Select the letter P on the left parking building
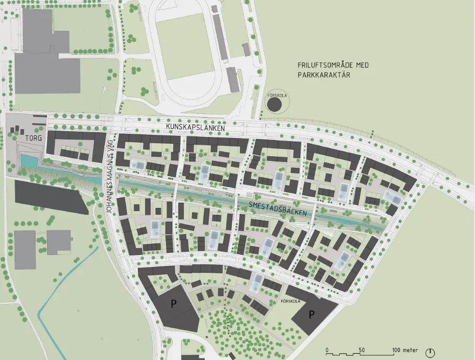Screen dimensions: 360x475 pyautogui.click(x=172, y=304)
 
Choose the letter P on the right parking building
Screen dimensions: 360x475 pyautogui.click(x=312, y=314)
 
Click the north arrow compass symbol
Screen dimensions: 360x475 pyautogui.click(x=431, y=353)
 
